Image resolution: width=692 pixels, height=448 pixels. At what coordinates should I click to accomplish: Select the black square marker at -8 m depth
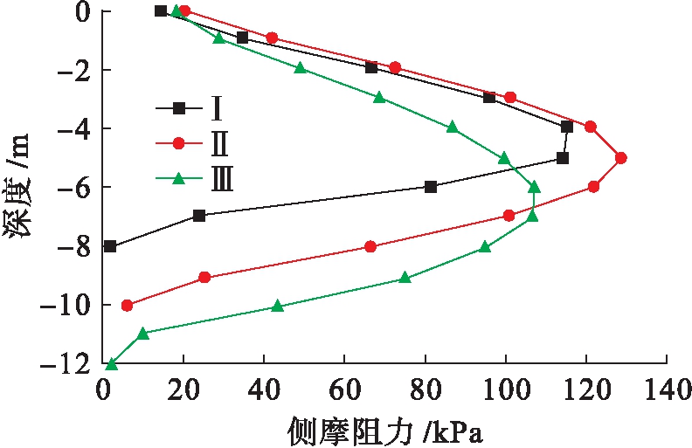pos(109,246)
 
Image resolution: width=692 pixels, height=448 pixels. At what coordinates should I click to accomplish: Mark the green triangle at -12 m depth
pos(111,364)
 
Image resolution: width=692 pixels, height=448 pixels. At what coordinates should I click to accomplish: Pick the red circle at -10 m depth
pos(128,306)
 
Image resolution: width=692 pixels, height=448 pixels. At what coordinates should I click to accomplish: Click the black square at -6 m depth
pos(430,187)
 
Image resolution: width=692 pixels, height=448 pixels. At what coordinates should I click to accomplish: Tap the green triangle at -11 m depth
pos(143,334)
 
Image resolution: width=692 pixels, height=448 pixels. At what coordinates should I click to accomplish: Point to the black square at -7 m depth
pos(199,216)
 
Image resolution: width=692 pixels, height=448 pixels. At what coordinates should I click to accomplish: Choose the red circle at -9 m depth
pos(204,278)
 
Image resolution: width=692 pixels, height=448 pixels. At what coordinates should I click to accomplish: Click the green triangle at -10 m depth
pos(278,307)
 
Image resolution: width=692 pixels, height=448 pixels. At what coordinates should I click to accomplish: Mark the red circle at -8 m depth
pos(370,247)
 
